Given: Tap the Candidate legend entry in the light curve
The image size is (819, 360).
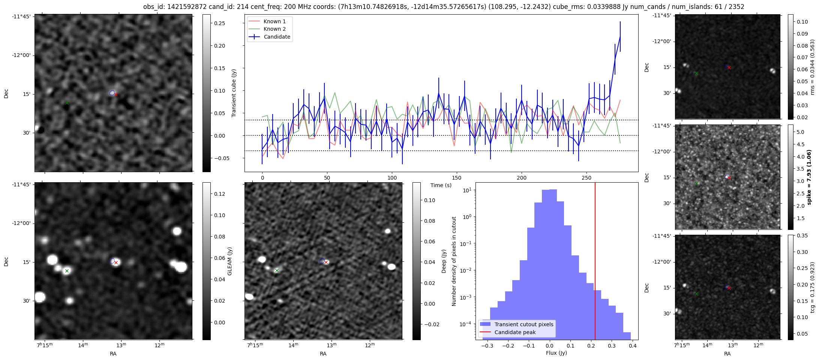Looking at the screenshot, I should (277, 37).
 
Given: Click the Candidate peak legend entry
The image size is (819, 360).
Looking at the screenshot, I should (515, 332).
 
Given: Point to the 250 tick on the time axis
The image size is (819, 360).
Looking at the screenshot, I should (586, 178).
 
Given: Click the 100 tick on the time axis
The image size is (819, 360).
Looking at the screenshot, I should (392, 178).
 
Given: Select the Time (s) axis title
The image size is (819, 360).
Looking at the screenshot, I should (441, 185).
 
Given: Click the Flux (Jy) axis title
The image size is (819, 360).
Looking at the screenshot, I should (556, 353).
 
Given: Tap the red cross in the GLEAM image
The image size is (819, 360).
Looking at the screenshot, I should (116, 263).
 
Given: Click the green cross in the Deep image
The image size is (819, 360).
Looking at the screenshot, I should (277, 270).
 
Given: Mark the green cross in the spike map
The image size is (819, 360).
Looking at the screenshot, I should (696, 184).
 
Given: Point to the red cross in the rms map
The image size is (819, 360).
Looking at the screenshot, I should (729, 68).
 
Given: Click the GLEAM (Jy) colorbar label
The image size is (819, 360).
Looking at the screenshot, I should (230, 261).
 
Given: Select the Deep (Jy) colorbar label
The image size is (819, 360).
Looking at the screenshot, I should (444, 261).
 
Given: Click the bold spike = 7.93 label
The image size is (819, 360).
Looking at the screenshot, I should (809, 177).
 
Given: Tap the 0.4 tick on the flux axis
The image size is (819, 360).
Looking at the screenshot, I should (633, 346).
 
